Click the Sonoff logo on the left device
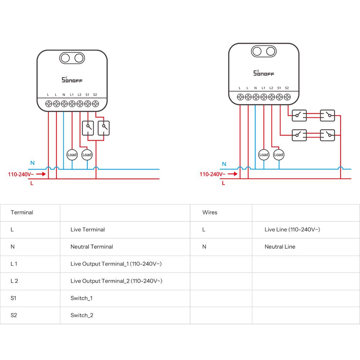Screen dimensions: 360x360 (x=72, y=79)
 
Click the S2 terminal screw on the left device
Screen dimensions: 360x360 (x=95, y=104)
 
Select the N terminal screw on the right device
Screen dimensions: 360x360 (x=256, y=97)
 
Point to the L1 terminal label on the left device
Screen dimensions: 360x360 (x=72, y=95)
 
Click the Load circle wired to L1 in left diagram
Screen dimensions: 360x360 (x=72, y=155)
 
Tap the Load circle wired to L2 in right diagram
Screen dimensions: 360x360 (x=279, y=155)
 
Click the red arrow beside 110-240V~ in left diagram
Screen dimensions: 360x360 (x=41, y=174)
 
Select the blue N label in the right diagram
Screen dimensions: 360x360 (x=224, y=164)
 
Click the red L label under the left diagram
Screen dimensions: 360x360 (x=32, y=183)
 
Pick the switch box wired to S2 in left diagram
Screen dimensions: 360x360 (x=104, y=128)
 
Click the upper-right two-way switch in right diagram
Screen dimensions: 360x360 (x=328, y=115)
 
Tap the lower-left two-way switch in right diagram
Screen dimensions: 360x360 (x=299, y=135)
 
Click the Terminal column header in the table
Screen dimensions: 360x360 (x=22, y=212)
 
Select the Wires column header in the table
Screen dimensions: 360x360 (x=210, y=212)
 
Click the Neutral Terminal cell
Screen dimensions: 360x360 (x=92, y=247)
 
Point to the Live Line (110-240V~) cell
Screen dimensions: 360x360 (x=292, y=229)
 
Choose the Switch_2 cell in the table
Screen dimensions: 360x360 (x=82, y=315)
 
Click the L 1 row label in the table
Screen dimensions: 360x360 (x=14, y=264)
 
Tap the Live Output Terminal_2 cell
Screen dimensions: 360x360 (x=116, y=281)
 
